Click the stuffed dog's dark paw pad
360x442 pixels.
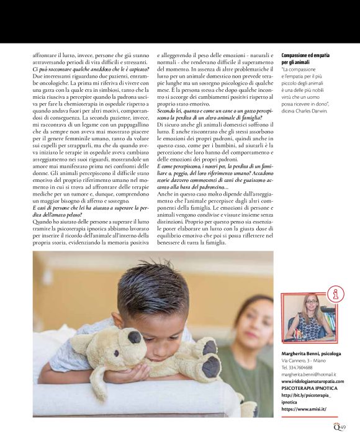209,367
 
